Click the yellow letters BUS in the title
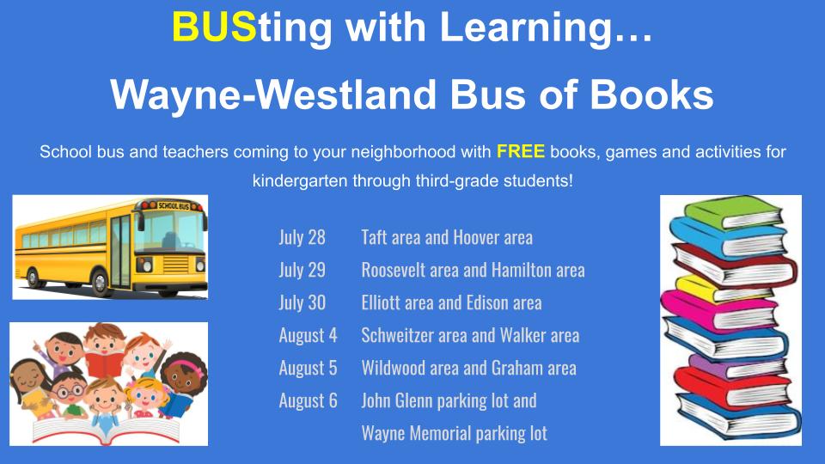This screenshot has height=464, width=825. point(214,27)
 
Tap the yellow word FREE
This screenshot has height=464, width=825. point(521,151)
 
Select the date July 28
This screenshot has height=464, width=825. point(302,237)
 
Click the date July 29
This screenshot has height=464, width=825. point(302,270)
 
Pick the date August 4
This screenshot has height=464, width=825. point(308,336)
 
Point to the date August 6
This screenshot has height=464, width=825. point(308,401)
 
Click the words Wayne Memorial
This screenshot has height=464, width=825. point(416,433)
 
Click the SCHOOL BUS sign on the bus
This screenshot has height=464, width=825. point(173,205)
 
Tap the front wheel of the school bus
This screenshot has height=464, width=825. point(100,282)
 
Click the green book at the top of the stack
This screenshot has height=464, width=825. point(733,212)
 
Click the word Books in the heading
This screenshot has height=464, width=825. point(651,95)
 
